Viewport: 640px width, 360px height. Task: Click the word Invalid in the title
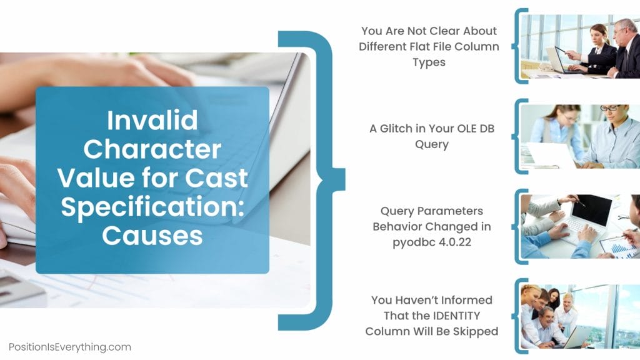click(x=152, y=119)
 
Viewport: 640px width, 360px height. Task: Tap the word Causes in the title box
click(x=152, y=235)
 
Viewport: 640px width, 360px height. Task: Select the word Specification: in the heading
click(x=152, y=206)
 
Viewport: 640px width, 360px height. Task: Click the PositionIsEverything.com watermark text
click(x=70, y=347)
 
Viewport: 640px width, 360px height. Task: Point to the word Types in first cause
click(x=429, y=62)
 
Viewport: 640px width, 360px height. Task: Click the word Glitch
click(x=396, y=128)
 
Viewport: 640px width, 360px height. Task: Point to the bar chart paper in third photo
click(x=619, y=246)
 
